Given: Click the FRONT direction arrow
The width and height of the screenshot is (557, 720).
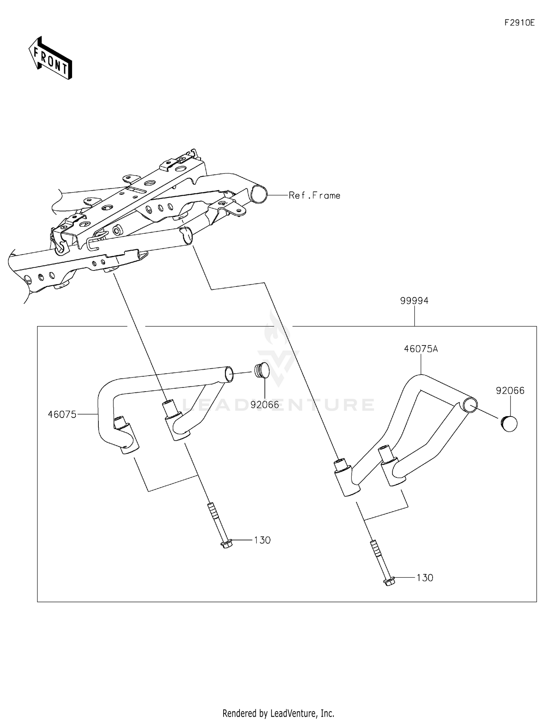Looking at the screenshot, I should (x=51, y=58).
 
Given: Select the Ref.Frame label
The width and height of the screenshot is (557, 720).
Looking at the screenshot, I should (x=315, y=195).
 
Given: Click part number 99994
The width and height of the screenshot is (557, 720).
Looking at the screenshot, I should (x=414, y=301).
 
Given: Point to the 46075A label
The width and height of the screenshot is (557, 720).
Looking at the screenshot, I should (x=421, y=349).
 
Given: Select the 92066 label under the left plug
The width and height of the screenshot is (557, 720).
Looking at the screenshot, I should (x=264, y=405).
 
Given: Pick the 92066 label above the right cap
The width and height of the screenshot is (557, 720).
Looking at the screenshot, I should (x=510, y=391).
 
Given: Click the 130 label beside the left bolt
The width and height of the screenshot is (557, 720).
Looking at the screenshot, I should (x=262, y=540).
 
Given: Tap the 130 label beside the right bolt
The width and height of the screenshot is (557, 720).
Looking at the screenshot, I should (x=425, y=578).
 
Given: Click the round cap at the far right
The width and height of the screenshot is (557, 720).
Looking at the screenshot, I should (x=509, y=424).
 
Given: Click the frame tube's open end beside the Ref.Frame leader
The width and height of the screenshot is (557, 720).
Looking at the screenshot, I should (x=258, y=194).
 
